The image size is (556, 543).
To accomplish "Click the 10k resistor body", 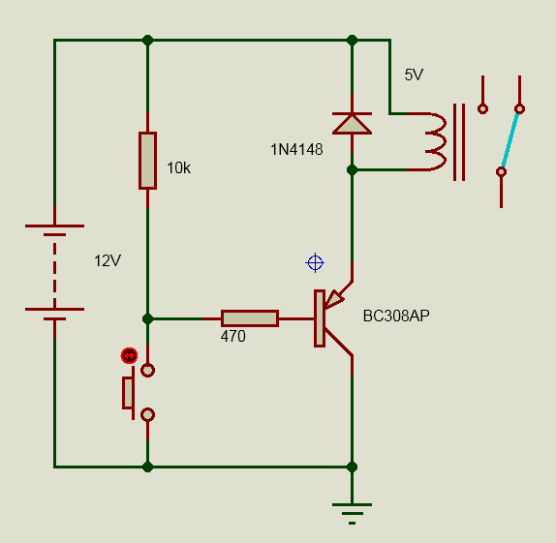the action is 147,161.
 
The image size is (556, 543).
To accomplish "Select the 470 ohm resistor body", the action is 250,318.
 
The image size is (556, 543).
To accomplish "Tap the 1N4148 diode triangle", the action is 352,124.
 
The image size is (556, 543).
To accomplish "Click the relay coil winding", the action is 435,141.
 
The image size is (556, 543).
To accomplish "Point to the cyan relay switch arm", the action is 510,140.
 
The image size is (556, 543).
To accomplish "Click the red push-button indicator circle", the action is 129,355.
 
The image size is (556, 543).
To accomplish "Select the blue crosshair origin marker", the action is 315,263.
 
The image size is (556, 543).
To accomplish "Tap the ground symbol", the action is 352,513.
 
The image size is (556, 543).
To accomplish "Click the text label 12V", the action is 108,261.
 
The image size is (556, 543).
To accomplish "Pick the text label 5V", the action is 414,75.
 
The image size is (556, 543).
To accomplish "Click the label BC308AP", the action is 396,316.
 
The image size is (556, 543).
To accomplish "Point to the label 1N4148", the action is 296,150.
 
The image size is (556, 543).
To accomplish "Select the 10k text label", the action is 178,168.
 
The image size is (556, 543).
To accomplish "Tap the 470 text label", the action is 233,337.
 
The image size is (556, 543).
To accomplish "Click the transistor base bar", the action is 320,318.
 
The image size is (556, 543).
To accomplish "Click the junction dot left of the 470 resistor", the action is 147,318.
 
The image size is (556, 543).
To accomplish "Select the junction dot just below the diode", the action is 352,170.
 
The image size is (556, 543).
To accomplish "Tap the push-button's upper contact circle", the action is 147,371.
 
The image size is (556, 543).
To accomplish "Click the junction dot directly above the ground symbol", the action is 352,467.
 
